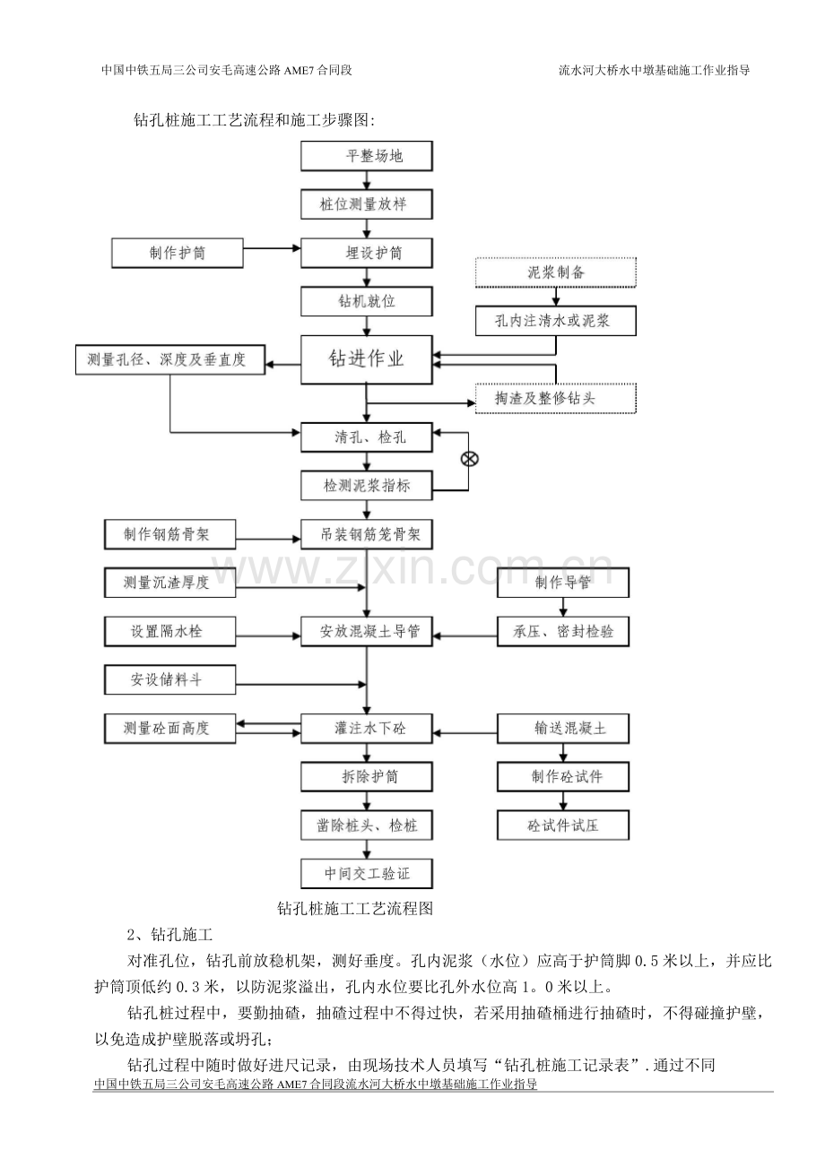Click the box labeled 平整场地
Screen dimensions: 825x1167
tap(367, 156)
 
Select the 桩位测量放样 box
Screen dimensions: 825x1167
tap(367, 204)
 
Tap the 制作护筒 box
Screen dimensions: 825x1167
tap(178, 253)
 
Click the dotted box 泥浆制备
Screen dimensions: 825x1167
tap(556, 272)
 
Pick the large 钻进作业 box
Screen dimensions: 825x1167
tap(367, 359)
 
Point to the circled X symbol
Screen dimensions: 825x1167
tap(470, 459)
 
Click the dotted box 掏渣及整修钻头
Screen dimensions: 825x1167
tap(556, 399)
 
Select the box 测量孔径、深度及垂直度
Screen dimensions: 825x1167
tap(170, 359)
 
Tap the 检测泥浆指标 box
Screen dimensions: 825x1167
tap(367, 486)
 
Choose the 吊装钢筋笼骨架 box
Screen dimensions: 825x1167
tap(367, 534)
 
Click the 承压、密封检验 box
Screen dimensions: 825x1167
tap(563, 631)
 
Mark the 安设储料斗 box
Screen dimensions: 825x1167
tap(169, 679)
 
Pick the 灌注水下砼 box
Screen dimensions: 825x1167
tap(367, 729)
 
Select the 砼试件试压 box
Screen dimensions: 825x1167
tap(563, 826)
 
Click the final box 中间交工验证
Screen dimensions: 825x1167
tap(367, 874)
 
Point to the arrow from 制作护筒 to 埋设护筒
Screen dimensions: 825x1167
tap(272, 248)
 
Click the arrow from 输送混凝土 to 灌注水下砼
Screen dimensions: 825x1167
tap(465, 733)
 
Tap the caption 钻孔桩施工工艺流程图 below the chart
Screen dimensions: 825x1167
tap(355, 909)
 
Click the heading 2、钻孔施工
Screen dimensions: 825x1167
tap(169, 935)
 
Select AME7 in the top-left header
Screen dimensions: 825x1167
tap(299, 70)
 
